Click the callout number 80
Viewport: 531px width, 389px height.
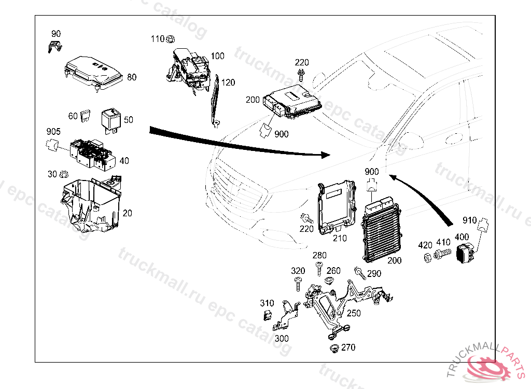[x=132, y=77]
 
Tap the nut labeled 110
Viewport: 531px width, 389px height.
[x=172, y=38]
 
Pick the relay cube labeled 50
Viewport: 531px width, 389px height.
[x=111, y=119]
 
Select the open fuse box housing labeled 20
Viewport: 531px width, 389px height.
[x=91, y=205]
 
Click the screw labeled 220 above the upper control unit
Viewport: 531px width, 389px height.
[x=301, y=75]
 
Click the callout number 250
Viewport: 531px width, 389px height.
[x=354, y=313]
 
